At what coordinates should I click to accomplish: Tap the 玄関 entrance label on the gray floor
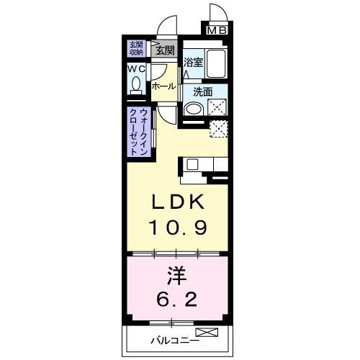pyautogui.click(x=165, y=50)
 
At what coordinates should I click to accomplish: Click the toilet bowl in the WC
pyautogui.click(x=135, y=85)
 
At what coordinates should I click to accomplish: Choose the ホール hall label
pyautogui.click(x=163, y=86)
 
